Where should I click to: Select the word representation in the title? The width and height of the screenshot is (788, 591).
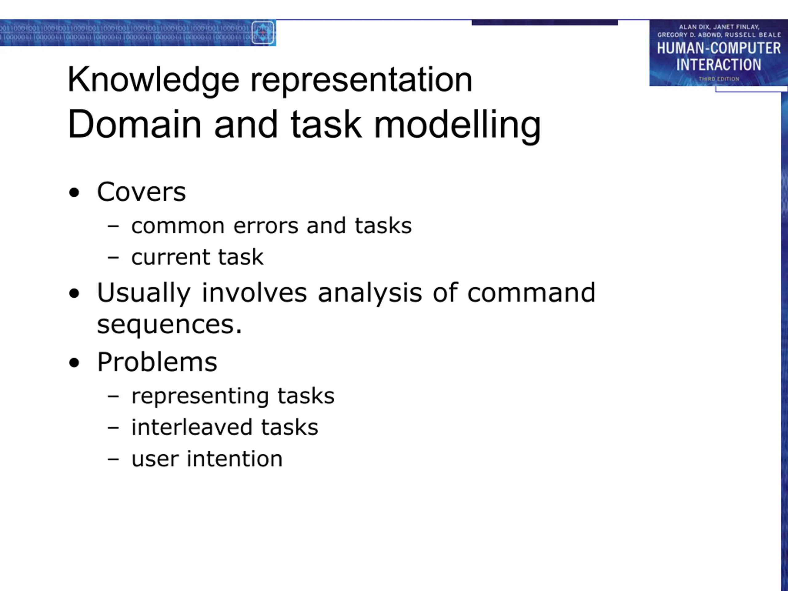(361, 80)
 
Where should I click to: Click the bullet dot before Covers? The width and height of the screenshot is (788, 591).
(74, 193)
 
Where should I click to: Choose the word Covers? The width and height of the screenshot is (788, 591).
(141, 192)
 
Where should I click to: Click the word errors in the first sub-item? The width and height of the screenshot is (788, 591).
(266, 226)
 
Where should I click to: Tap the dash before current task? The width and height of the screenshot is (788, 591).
(113, 257)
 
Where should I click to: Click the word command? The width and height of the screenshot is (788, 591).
(531, 292)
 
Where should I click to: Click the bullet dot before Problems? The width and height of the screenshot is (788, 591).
(74, 363)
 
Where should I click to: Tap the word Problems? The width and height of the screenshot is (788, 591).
(157, 362)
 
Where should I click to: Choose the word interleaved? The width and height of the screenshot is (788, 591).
(192, 427)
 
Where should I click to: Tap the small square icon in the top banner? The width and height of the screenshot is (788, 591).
(263, 33)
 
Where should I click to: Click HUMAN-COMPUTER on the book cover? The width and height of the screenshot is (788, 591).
(719, 48)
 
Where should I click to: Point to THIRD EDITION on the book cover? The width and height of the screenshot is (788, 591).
(719, 79)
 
